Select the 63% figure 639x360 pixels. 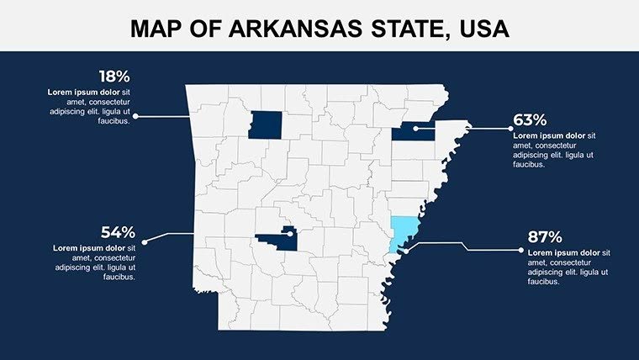530,120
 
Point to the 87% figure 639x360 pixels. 545,237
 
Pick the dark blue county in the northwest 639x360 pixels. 265,123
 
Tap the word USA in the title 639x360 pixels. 482,30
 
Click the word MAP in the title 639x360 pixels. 158,30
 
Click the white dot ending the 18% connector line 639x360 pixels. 136,116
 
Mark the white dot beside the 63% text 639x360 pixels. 510,129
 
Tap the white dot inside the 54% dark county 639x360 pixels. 289,235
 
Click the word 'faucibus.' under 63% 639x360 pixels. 530,165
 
